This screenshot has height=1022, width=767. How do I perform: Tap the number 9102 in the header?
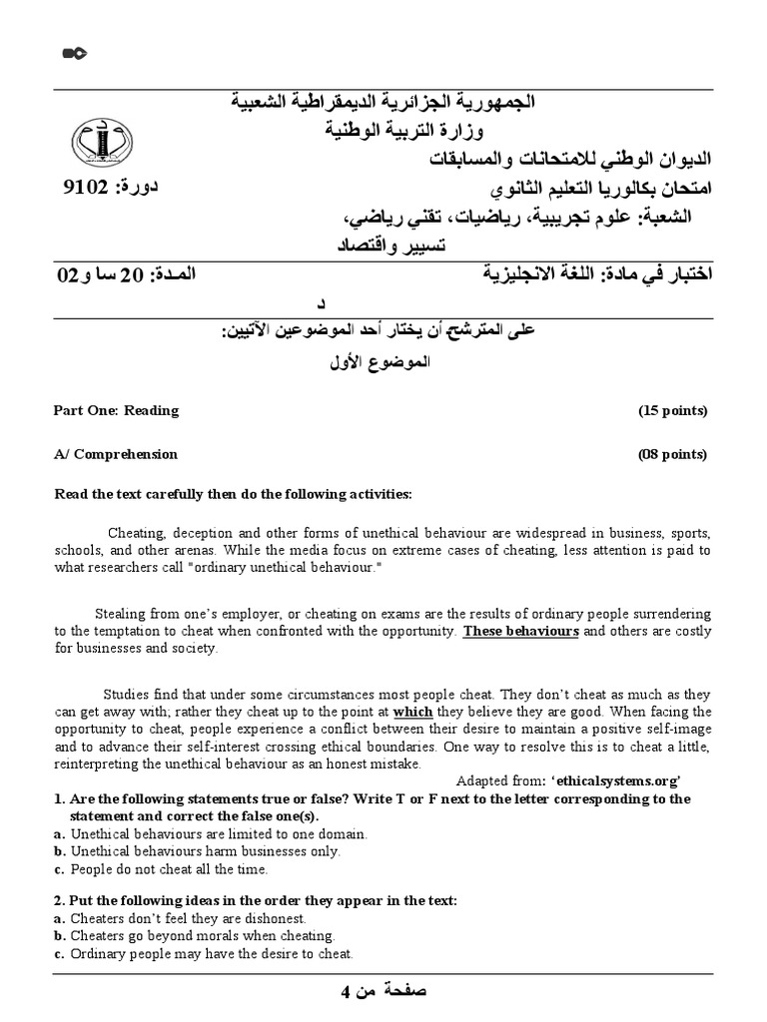84,187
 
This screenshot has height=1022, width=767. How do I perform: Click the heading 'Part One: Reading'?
116,410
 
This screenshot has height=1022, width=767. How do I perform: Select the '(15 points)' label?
672,410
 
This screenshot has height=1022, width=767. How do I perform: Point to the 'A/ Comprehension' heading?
115,454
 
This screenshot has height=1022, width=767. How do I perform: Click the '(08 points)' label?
672,454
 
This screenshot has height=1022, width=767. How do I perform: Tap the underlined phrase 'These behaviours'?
520,632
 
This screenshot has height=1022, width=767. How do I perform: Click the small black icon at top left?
75,53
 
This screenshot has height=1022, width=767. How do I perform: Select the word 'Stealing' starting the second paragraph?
119,613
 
